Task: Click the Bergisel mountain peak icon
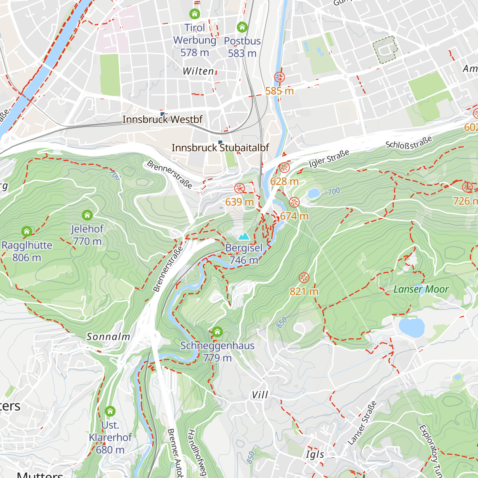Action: click(x=243, y=236)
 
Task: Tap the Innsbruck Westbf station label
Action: click(x=163, y=119)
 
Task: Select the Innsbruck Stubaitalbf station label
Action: click(x=220, y=148)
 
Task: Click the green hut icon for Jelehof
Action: click(x=87, y=215)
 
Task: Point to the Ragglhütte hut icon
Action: click(x=27, y=231)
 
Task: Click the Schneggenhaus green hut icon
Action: click(x=217, y=332)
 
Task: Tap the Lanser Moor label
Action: click(x=421, y=290)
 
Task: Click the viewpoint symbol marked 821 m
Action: click(x=304, y=278)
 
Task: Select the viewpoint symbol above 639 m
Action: click(x=239, y=188)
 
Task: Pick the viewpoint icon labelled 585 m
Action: click(x=280, y=77)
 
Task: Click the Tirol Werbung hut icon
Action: click(x=194, y=14)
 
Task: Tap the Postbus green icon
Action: click(x=242, y=27)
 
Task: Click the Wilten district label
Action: click(x=198, y=71)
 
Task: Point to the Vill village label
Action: click(x=260, y=395)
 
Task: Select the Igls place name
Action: click(x=315, y=454)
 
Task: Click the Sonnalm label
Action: click(x=108, y=337)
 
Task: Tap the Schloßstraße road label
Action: click(x=409, y=143)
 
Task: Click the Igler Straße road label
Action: click(x=329, y=159)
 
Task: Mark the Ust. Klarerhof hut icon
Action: click(x=110, y=411)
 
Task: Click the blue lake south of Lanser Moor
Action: click(x=412, y=327)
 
